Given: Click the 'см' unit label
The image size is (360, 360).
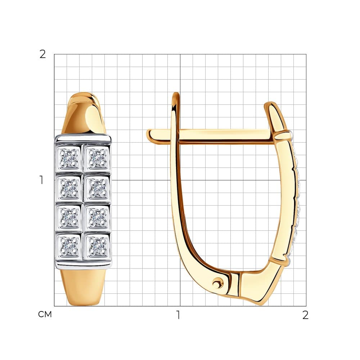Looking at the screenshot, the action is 45,314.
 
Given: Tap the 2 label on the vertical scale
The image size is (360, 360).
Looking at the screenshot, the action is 43,54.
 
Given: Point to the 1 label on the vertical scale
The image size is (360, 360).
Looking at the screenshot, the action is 41,180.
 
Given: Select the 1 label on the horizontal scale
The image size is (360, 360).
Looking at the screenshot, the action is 178,315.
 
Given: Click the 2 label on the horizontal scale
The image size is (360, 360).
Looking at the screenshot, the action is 305,315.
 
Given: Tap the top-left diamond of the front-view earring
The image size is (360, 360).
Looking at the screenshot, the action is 69,158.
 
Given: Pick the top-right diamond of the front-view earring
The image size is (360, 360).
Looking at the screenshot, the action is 98,158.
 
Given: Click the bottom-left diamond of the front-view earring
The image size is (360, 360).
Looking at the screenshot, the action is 69,246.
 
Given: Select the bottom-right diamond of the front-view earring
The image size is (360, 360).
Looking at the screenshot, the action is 98,246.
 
